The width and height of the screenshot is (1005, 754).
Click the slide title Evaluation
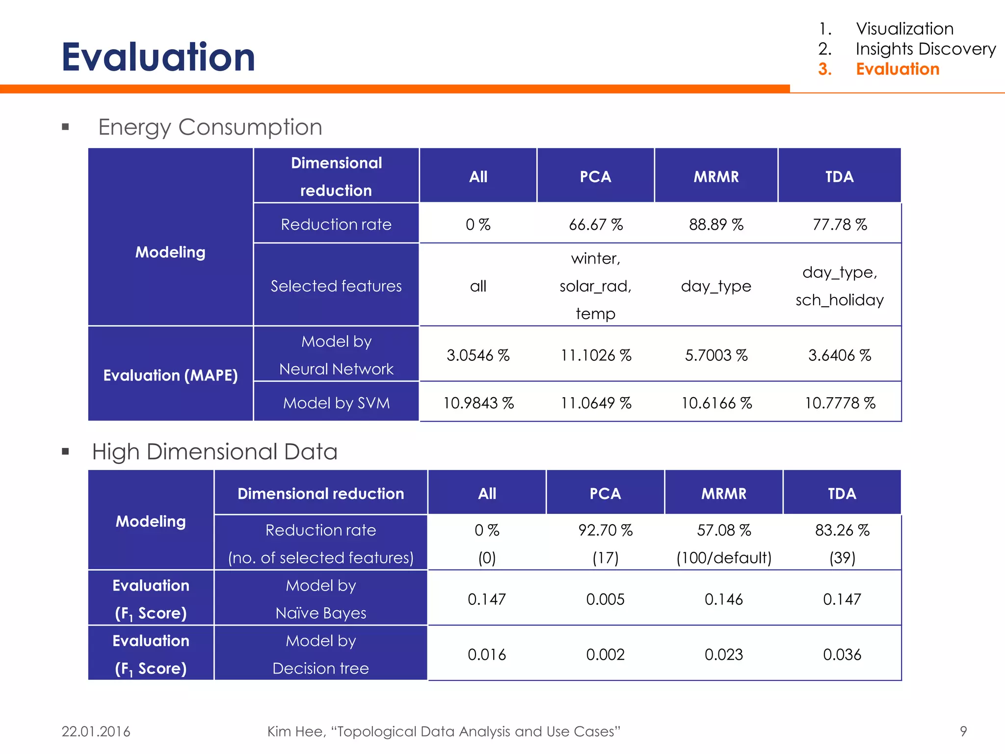pos(158,57)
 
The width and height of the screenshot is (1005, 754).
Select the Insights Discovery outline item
pos(925,49)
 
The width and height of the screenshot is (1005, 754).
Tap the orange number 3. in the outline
pos(825,69)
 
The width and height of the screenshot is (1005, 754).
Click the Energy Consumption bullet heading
pos(210,127)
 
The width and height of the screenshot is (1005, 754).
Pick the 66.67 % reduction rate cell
pos(595,225)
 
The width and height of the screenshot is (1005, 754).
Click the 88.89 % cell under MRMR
pos(715,225)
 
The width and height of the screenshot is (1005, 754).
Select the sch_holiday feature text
pos(839,300)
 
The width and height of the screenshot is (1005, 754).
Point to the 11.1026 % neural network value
pos(595,355)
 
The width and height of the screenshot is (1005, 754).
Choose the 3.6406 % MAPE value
pos(839,355)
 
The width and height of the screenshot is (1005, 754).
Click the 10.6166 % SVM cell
pos(716,403)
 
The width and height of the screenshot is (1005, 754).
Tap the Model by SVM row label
pos(336,403)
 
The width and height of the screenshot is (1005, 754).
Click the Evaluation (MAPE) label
pos(170,376)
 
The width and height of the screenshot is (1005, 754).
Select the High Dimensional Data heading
pos(214,452)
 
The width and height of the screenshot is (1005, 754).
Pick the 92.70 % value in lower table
pos(605,530)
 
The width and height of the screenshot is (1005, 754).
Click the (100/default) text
pos(724,558)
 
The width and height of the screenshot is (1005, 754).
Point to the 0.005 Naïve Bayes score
pos(605,599)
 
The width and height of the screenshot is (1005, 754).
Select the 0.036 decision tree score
pos(842,654)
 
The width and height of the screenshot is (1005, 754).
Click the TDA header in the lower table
pos(842,493)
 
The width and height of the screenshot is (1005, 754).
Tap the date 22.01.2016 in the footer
pos(96,731)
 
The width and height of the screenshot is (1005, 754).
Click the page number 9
pos(963,731)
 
